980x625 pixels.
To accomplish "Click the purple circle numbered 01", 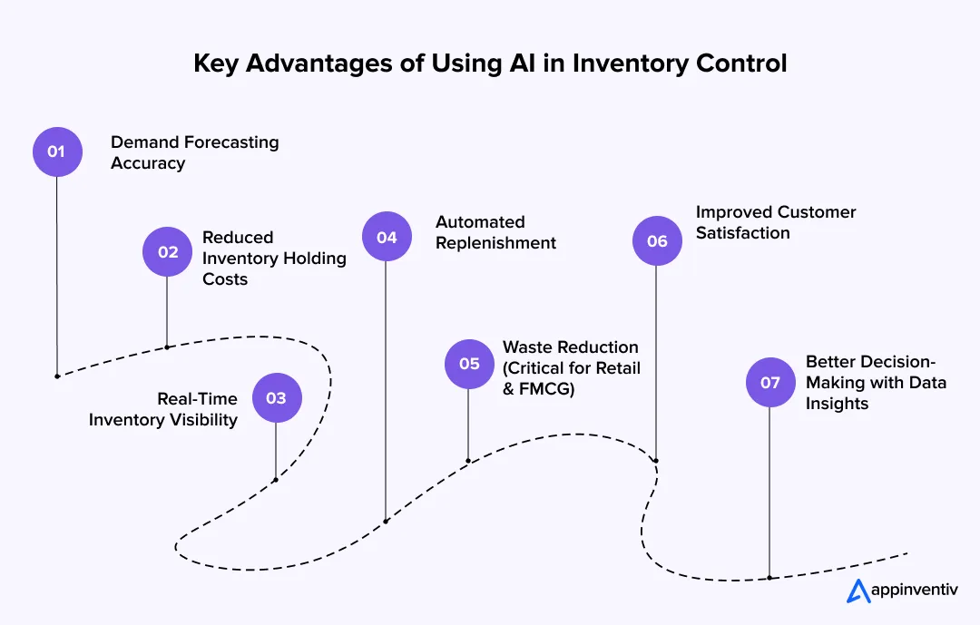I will [x=57, y=151].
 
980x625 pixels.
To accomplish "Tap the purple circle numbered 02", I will [x=168, y=251].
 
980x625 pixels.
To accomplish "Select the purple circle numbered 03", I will [x=276, y=398].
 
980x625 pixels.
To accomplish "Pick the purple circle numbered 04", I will [x=387, y=237].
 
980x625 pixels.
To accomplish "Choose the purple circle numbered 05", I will [x=469, y=364].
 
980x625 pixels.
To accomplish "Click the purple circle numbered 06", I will [x=657, y=240].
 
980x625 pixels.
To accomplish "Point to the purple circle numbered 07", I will [x=769, y=382].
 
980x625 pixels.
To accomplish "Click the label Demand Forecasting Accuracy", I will [x=194, y=152].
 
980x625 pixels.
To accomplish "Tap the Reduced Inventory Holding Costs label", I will [x=273, y=258].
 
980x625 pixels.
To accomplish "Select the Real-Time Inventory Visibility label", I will [x=163, y=409].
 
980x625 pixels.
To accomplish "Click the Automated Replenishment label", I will [x=495, y=232].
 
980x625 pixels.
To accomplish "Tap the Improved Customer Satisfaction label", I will [x=775, y=222].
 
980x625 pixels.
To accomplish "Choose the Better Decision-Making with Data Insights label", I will [x=875, y=382].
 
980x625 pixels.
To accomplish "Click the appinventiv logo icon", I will [x=857, y=591].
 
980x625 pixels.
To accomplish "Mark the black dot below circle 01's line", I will [x=57, y=376].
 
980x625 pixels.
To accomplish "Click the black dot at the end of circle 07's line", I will [x=769, y=577].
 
